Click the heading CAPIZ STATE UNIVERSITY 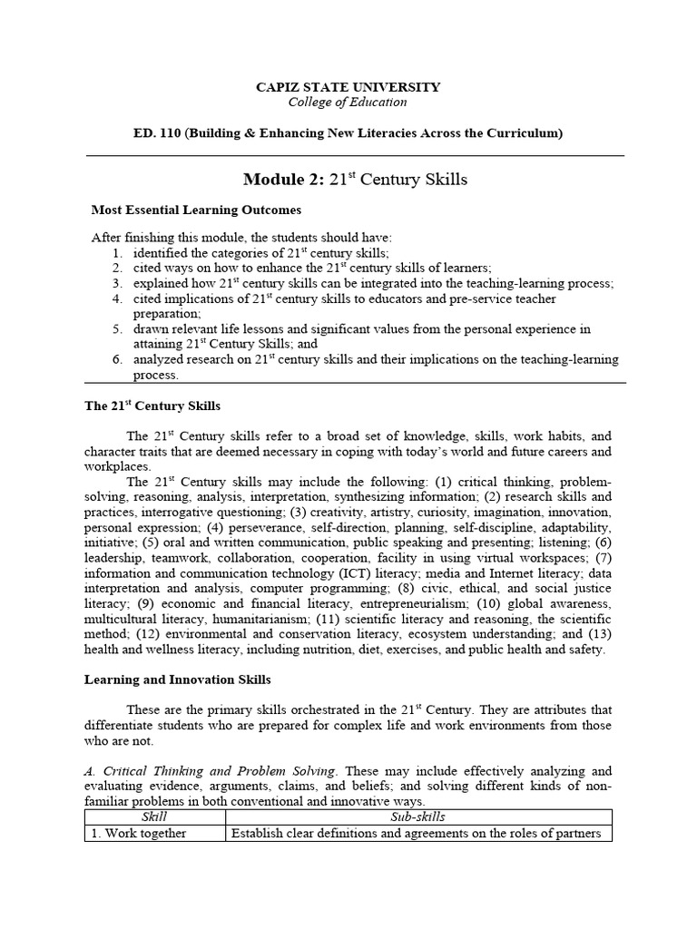click(x=348, y=87)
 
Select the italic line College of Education click(x=348, y=102)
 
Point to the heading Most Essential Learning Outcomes click(x=196, y=210)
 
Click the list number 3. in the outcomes click(x=117, y=283)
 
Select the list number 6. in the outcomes click(x=117, y=359)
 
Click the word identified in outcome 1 click(x=164, y=253)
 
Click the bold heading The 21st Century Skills click(x=152, y=406)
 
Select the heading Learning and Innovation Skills click(x=177, y=679)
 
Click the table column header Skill click(x=155, y=817)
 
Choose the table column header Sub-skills click(x=418, y=817)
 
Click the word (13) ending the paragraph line click(x=599, y=633)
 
